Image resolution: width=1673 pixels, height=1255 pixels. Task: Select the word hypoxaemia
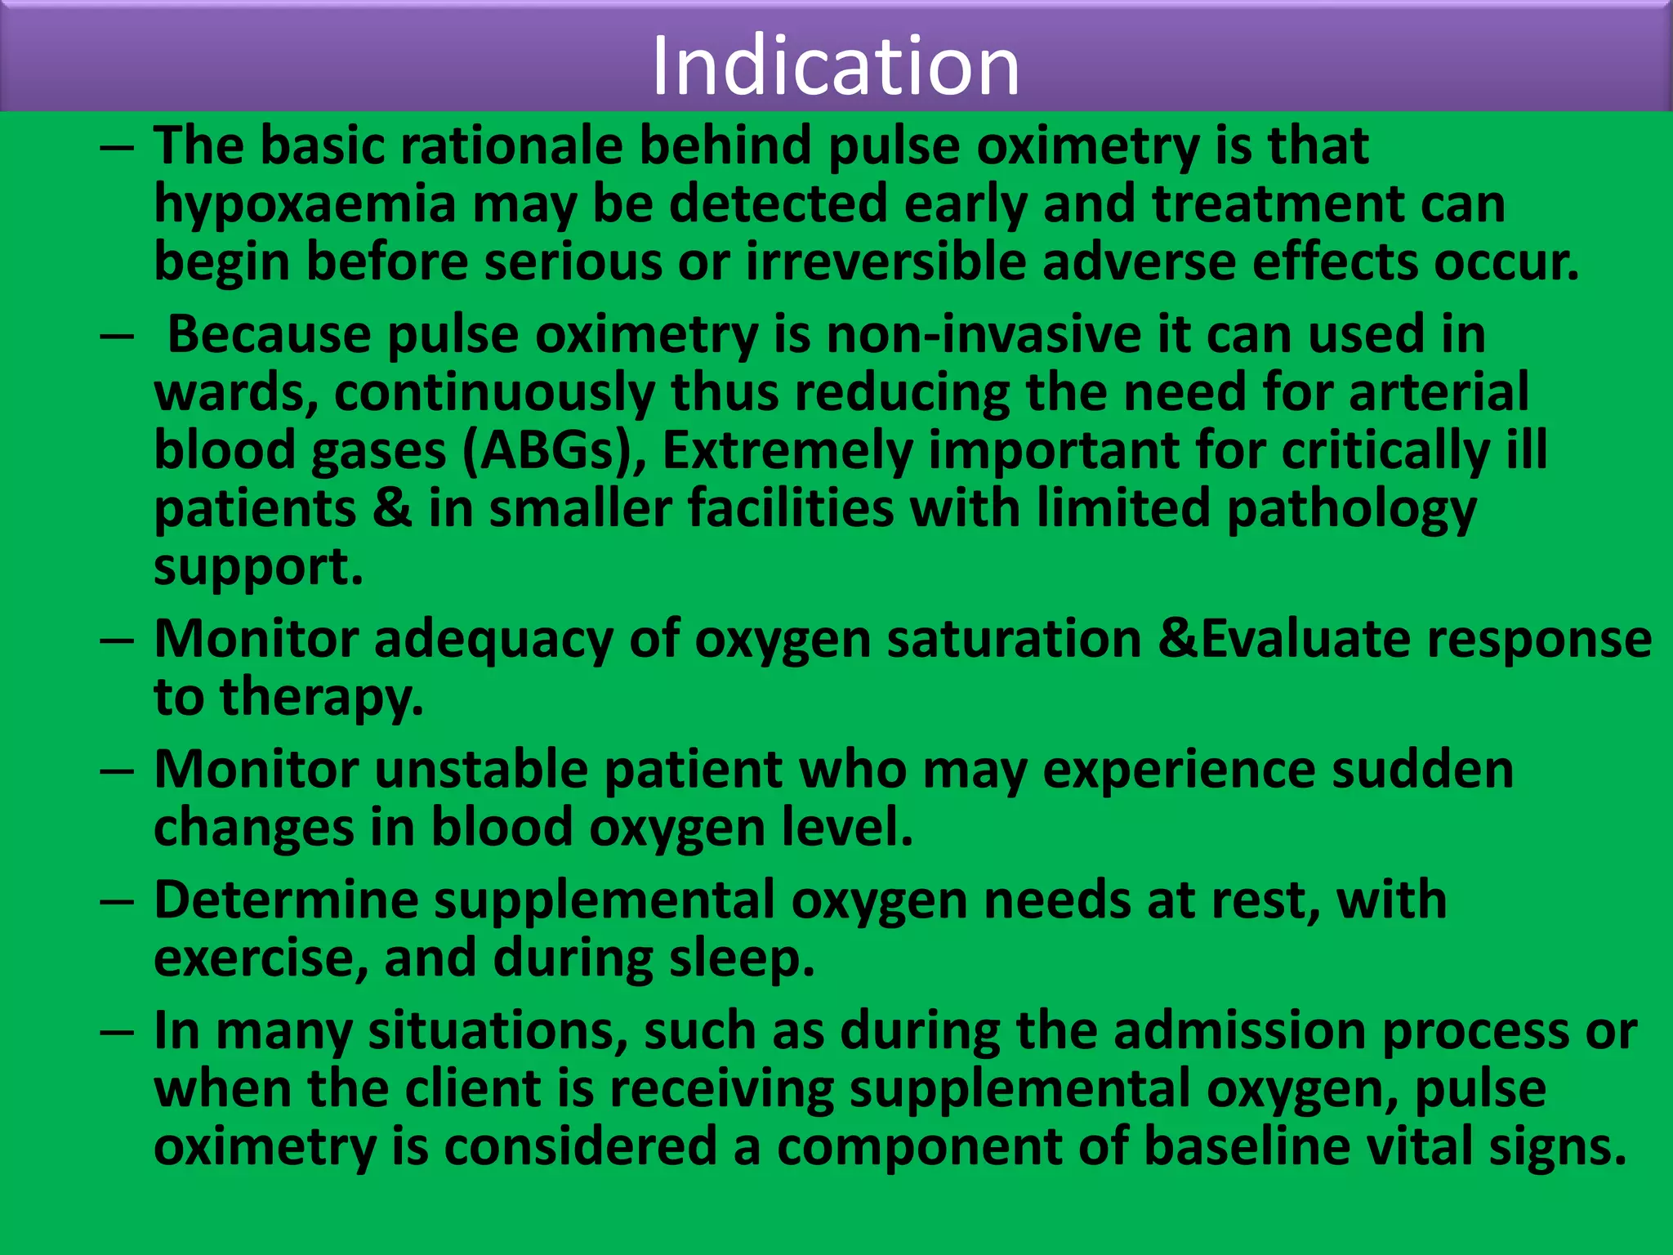[305, 204]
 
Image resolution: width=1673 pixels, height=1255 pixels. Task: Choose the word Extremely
[787, 451]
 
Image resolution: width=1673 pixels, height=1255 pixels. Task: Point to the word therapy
[322, 699]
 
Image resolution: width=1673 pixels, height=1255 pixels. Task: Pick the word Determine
[285, 900]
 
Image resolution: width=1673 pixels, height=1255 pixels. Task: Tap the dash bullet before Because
[117, 337]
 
